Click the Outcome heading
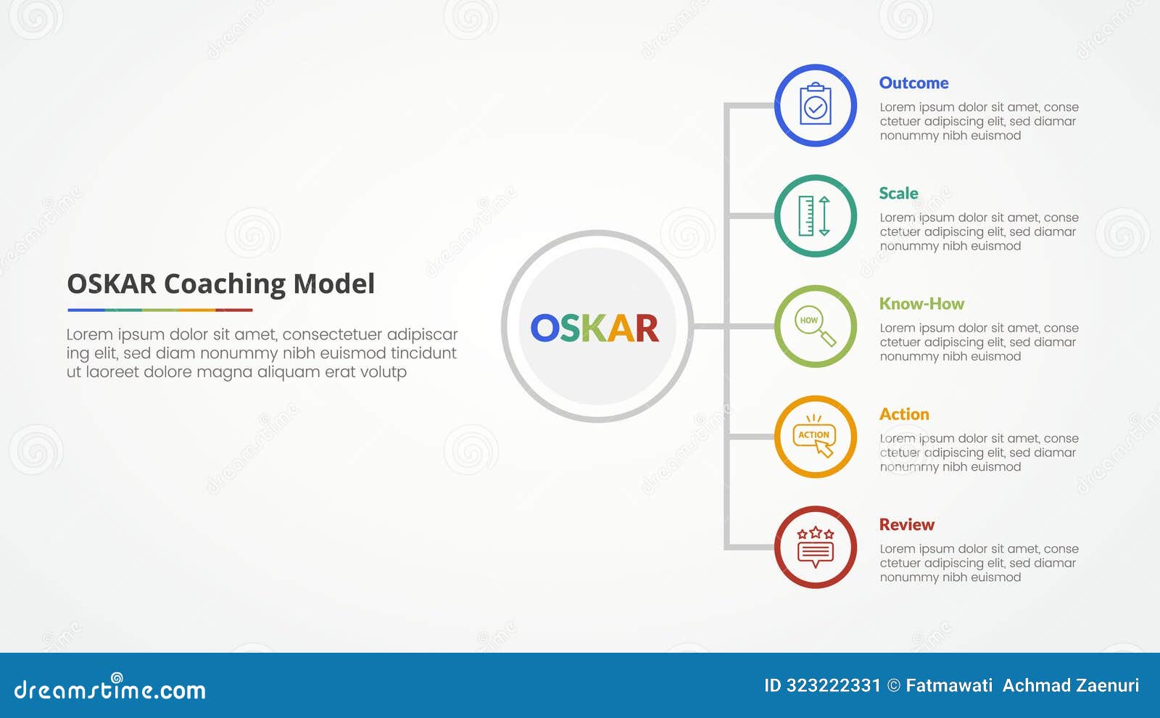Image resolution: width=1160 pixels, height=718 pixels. (x=913, y=83)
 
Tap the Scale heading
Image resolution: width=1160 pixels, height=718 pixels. (x=898, y=193)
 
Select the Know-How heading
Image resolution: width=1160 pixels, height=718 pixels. (x=921, y=303)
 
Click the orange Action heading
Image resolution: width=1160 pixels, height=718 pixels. (x=904, y=414)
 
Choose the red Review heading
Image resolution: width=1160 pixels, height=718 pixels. (x=906, y=524)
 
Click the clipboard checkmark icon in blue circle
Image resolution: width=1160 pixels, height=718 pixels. (x=816, y=105)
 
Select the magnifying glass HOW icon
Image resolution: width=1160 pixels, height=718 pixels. (x=815, y=326)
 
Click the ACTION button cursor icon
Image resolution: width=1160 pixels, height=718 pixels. (x=815, y=437)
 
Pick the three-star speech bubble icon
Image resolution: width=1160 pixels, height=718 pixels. (x=815, y=548)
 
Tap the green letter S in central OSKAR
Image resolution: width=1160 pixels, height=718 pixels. (x=570, y=329)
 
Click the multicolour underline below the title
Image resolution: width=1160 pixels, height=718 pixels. (x=159, y=310)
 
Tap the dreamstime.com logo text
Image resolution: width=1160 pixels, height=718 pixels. (x=109, y=689)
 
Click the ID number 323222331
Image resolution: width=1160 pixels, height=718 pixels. (x=833, y=685)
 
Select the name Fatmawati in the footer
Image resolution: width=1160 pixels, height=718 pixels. (x=949, y=685)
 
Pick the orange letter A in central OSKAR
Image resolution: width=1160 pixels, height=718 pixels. (x=621, y=329)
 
